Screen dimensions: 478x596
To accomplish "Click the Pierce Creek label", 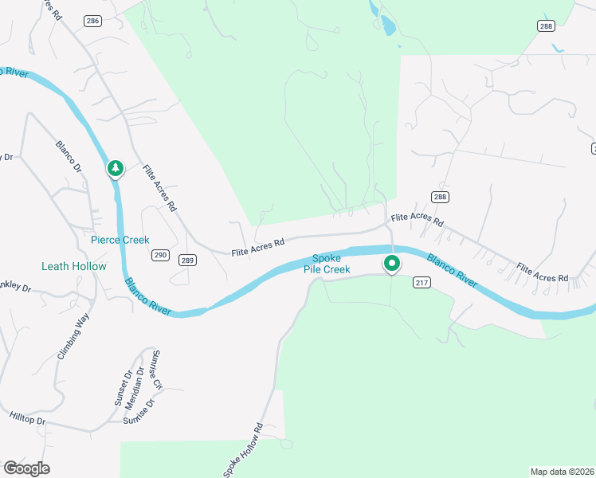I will point(120,239).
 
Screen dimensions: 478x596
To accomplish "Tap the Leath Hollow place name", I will point(74,266).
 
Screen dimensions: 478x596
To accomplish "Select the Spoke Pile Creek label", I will point(327,264).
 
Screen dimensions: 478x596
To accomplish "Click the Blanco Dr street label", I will point(69,157).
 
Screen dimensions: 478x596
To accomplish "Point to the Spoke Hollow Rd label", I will point(242,449).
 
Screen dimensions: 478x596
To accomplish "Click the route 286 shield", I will point(92,21).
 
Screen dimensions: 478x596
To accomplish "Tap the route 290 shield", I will point(161,255).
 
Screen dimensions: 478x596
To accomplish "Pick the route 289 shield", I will point(187,260).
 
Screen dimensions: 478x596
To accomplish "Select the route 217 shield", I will point(422,282).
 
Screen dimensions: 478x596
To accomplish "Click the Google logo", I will point(27,468).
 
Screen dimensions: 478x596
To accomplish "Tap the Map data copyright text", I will point(562,472).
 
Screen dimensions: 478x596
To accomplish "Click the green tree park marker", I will point(116,168).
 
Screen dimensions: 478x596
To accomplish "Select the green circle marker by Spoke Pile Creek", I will point(391,263).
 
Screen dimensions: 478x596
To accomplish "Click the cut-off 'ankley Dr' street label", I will point(14,286).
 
